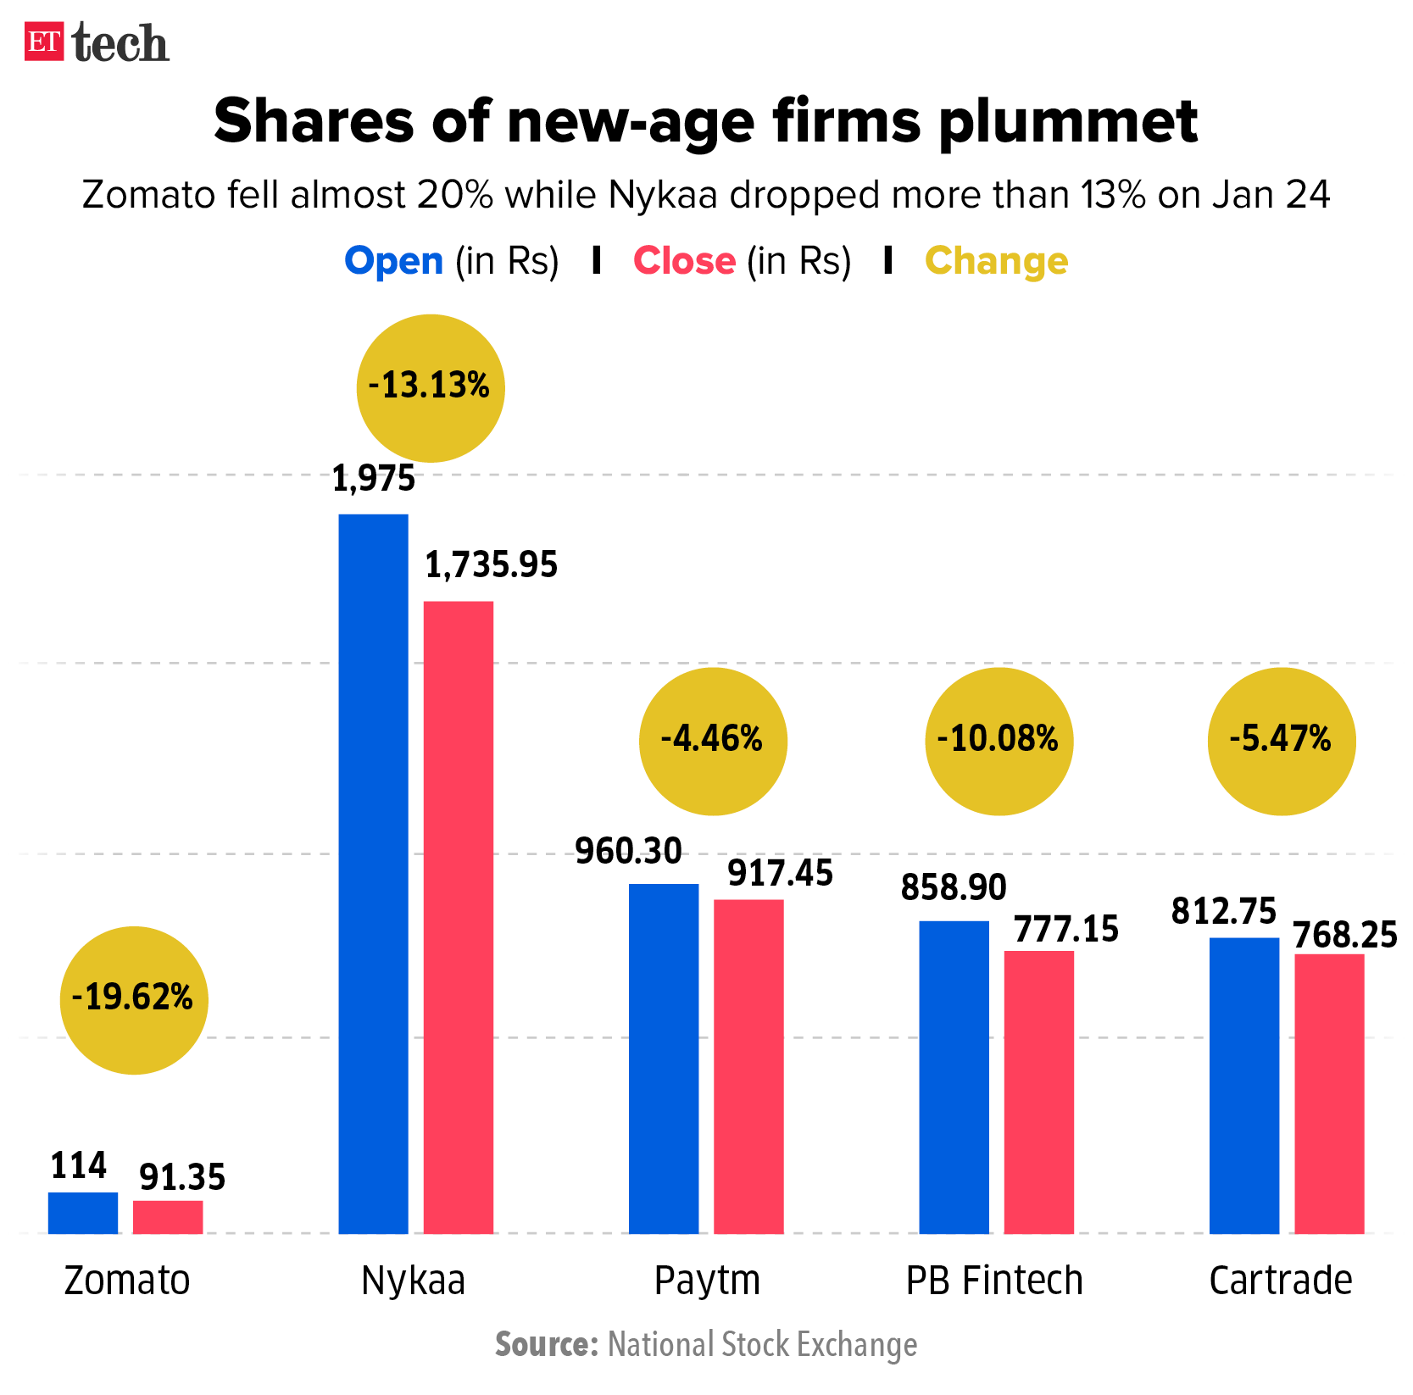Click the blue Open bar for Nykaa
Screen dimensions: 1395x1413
tap(373, 873)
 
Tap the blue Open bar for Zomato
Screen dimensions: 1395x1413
tap(83, 1213)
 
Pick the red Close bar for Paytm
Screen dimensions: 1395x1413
tap(748, 1066)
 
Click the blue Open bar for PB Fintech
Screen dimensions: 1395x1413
tap(954, 1076)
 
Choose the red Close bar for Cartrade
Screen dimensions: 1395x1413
tap(1329, 1093)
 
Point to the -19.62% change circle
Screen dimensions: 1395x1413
tap(134, 1000)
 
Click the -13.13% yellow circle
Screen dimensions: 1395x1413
tap(431, 388)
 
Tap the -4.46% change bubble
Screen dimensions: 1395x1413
tap(713, 742)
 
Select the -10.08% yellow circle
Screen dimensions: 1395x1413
tap(999, 742)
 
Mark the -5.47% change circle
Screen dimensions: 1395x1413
tap(1282, 742)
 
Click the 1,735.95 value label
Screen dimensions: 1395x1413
tap(491, 565)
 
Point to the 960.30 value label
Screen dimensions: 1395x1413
tap(628, 851)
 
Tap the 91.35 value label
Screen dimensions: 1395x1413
tap(182, 1177)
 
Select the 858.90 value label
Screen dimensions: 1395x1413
tap(954, 887)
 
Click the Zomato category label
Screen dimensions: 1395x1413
tap(127, 1280)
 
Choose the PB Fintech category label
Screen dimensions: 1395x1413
tap(994, 1280)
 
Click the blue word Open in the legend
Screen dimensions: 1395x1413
tap(394, 261)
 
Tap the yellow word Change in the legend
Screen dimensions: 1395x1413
tap(996, 261)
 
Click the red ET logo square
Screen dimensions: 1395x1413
tap(44, 42)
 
